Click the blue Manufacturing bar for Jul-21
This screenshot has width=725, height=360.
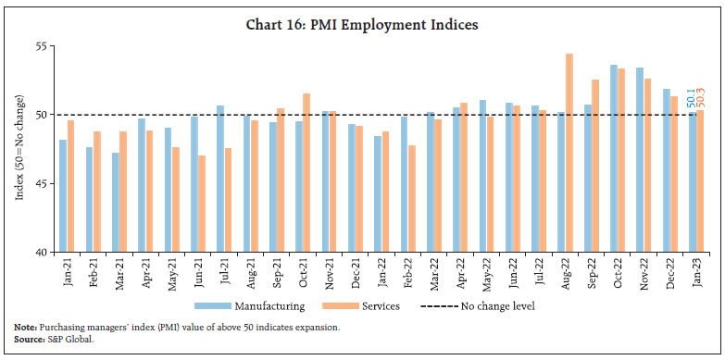[219, 179]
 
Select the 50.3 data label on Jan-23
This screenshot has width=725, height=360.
[700, 96]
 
